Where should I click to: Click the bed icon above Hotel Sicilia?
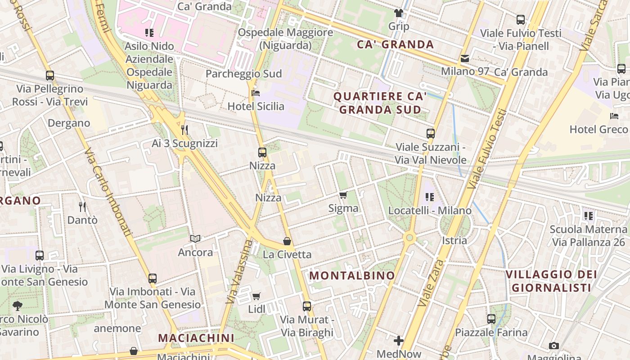pyautogui.click(x=256, y=93)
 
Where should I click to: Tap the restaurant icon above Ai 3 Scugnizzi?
pyautogui.click(x=184, y=130)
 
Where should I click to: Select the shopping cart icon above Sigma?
pyautogui.click(x=343, y=195)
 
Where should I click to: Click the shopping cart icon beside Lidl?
pyautogui.click(x=256, y=296)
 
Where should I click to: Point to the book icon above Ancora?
pyautogui.click(x=195, y=239)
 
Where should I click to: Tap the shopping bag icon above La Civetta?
pyautogui.click(x=287, y=241)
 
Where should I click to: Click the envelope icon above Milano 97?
pyautogui.click(x=464, y=58)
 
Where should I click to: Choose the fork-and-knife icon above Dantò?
pyautogui.click(x=82, y=207)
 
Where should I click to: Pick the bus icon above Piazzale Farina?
pyautogui.click(x=491, y=319)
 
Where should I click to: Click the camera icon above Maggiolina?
pyautogui.click(x=554, y=346)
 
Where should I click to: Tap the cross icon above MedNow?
pyautogui.click(x=399, y=341)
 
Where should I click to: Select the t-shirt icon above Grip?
pyautogui.click(x=399, y=13)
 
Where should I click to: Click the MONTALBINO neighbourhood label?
pyautogui.click(x=352, y=275)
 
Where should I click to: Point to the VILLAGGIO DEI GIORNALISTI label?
pyautogui.click(x=551, y=281)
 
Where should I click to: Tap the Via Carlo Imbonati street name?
pyautogui.click(x=108, y=193)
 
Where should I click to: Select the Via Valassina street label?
pyautogui.click(x=239, y=271)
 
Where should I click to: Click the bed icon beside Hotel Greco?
pyautogui.click(x=614, y=116)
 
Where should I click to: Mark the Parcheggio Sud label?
pyautogui.click(x=243, y=74)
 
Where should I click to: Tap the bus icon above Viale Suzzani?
pyautogui.click(x=431, y=133)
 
